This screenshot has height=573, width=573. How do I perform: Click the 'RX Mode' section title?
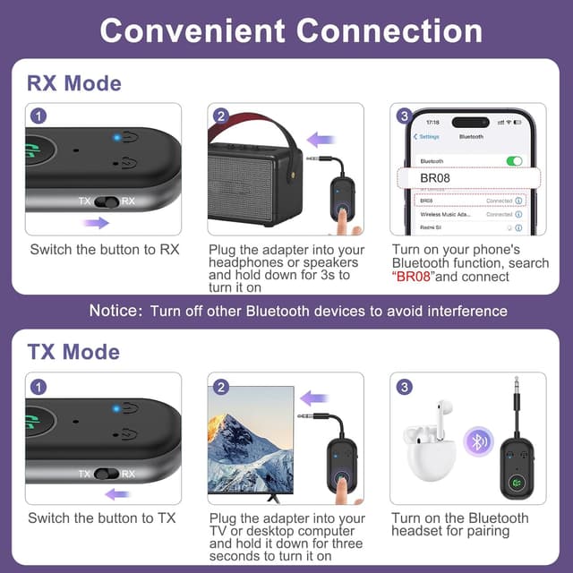[x=74, y=83]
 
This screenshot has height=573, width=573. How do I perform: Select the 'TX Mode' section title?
[x=73, y=350]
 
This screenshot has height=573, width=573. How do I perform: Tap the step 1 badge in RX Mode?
[x=38, y=116]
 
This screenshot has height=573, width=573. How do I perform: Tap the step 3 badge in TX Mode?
[x=405, y=387]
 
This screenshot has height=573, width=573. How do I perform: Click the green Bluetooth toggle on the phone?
[x=513, y=161]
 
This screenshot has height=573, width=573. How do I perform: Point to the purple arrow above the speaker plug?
[x=321, y=140]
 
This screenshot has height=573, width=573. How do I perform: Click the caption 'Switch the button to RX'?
[x=104, y=249]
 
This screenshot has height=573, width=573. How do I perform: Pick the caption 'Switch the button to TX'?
[x=102, y=517]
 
